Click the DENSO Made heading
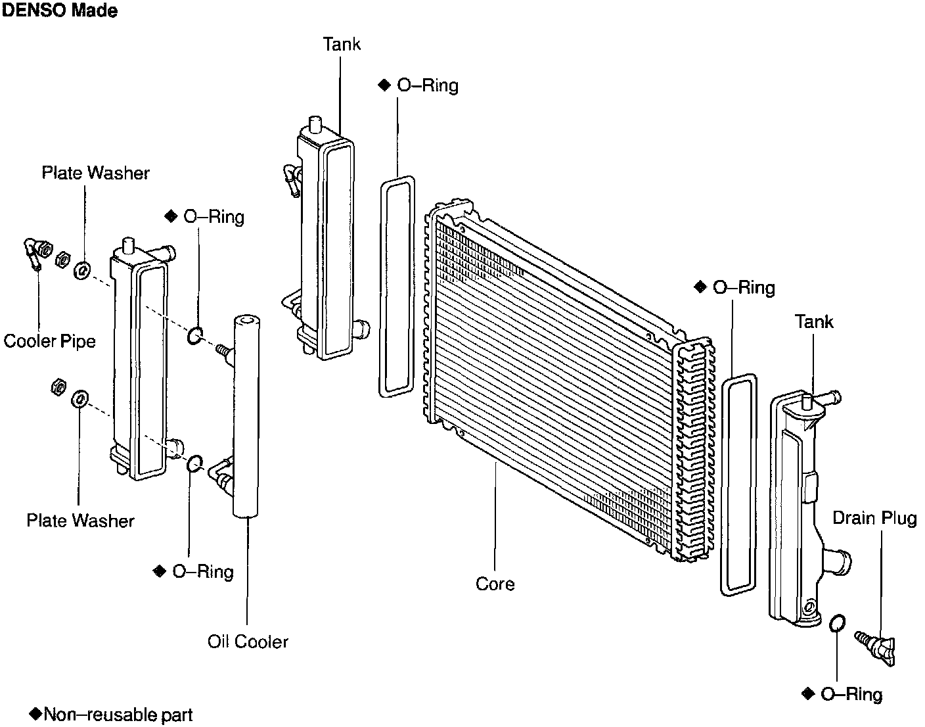coord(60,11)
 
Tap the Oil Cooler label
coord(248,642)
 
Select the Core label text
coord(495,584)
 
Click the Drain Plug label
coord(874,518)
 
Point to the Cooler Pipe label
coord(49,341)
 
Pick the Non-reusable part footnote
coord(112,715)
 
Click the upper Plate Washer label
coord(95,173)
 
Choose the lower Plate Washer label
coord(80,521)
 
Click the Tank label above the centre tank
coord(342,44)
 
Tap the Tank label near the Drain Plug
coord(814,321)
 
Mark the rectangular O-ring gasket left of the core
coord(397,286)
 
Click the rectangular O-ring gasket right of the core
coord(739,484)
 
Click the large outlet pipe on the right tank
coord(837,563)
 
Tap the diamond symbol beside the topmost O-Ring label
coord(385,85)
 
